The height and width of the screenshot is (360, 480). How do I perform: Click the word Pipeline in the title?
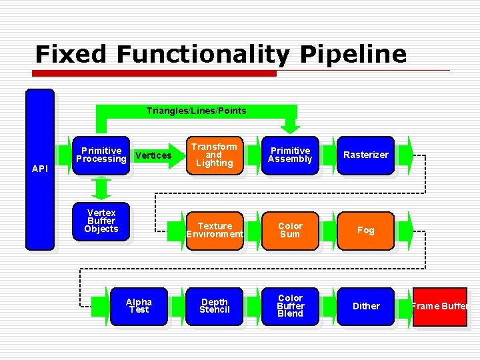coord(353,54)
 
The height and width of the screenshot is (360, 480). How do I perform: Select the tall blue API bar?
coord(40,169)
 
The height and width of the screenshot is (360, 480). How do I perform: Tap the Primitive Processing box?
coord(101,155)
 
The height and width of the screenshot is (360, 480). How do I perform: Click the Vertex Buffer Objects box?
coord(101,221)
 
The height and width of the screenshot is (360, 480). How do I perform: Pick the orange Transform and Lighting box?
coord(214,155)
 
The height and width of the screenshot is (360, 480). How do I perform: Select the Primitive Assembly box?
coord(290,155)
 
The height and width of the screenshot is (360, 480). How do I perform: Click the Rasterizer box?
coord(365,155)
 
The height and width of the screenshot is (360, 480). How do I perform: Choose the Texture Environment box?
coord(214,230)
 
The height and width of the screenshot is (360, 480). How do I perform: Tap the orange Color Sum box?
coord(290,230)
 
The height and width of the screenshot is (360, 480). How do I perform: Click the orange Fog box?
coord(365,230)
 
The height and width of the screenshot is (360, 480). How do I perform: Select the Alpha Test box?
coord(139,306)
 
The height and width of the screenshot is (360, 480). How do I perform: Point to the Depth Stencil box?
coord(214,306)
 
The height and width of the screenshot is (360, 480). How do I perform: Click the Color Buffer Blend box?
coord(290,306)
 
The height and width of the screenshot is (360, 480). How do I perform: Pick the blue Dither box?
coord(365,306)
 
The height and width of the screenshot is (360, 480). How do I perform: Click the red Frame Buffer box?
coord(440,307)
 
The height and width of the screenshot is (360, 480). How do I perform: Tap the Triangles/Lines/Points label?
coord(196,111)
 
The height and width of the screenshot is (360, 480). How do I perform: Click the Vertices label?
coord(153,155)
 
